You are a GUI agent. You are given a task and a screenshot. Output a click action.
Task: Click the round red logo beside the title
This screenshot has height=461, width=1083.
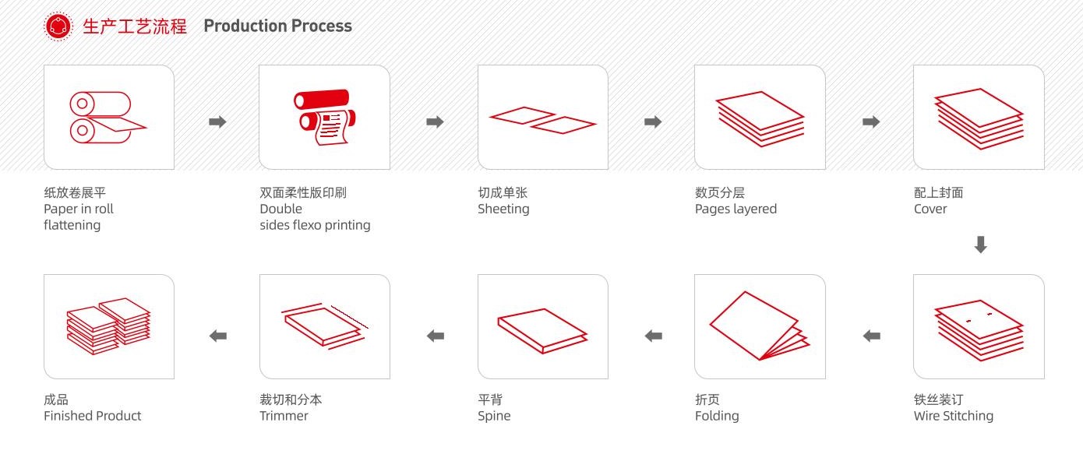pos(58,26)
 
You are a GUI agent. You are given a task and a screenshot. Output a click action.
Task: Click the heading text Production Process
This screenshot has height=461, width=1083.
pos(277,26)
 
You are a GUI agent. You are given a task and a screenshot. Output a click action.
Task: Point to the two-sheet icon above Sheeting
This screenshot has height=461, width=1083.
pos(542,120)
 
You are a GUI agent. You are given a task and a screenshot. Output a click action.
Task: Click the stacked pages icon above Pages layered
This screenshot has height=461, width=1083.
pos(760,118)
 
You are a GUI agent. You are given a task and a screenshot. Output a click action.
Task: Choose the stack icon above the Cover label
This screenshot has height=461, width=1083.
pos(979,118)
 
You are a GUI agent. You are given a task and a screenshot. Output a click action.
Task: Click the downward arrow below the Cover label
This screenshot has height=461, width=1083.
pos(981,245)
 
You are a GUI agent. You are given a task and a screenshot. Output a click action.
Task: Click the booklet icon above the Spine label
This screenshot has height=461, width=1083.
pos(542,329)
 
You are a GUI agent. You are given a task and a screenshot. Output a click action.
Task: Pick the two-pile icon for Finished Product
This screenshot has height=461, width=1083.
pos(108,326)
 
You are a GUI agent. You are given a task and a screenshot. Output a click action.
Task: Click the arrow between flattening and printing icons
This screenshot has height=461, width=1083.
pos(217,121)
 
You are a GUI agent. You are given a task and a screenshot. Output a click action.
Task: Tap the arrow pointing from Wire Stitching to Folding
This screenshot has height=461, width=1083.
pos(872,336)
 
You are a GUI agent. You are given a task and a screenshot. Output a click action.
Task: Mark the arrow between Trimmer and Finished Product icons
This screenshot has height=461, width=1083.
pos(218,336)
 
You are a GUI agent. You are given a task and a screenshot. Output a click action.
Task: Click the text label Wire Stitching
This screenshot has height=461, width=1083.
pos(953,416)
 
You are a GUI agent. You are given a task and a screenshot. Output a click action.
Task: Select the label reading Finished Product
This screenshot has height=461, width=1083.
pos(92,416)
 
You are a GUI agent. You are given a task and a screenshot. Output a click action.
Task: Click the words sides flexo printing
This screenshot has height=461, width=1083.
pos(315,225)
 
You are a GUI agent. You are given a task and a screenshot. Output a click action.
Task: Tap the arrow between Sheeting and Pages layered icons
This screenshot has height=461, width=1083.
pos(653,121)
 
